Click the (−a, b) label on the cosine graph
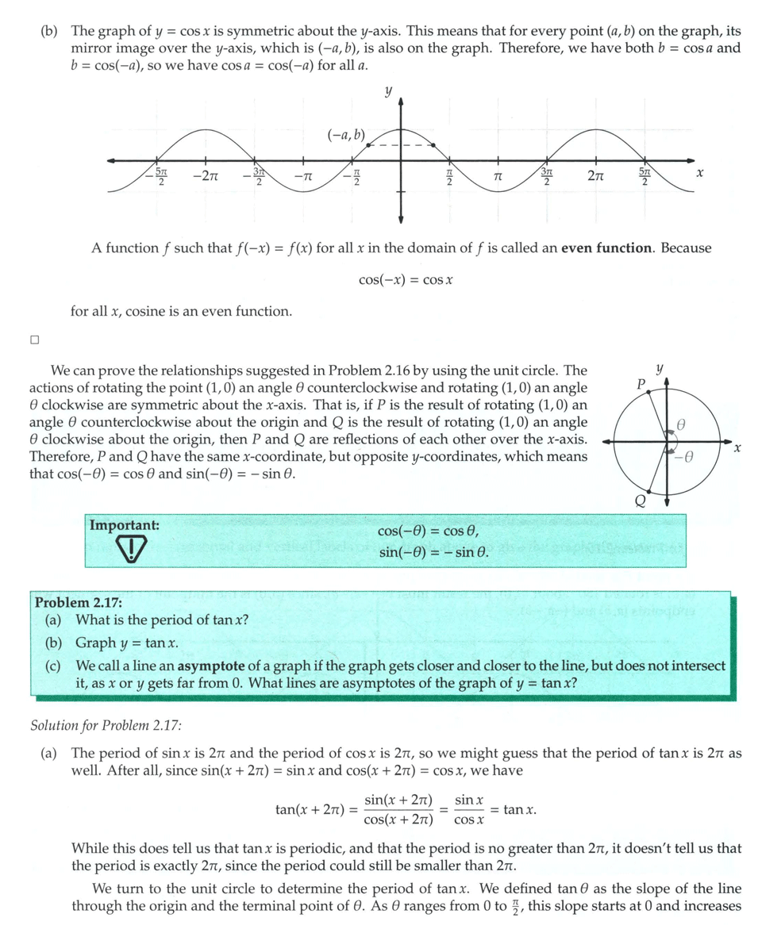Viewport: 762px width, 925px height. (346, 135)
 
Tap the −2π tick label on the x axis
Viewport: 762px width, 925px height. (206, 175)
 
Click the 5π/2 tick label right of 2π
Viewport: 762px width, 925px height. (645, 176)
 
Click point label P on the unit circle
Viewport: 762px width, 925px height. (641, 384)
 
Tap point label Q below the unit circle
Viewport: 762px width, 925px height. (640, 501)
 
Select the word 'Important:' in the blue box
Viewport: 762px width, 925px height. (124, 525)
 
